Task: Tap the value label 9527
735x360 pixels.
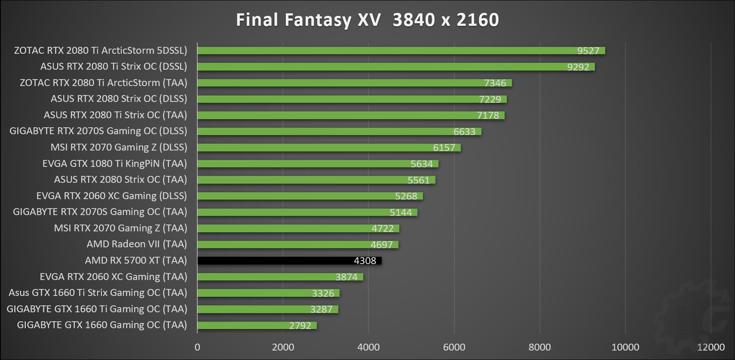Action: pyautogui.click(x=588, y=51)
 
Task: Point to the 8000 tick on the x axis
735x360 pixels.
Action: pyautogui.click(x=539, y=347)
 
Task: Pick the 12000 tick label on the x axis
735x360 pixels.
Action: pyautogui.click(x=710, y=347)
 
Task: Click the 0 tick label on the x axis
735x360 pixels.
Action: pyautogui.click(x=197, y=347)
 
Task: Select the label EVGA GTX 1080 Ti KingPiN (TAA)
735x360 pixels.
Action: pyautogui.click(x=115, y=163)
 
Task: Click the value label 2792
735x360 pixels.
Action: pyautogui.click(x=300, y=326)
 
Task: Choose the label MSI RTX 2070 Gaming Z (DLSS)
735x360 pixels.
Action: pyautogui.click(x=119, y=147)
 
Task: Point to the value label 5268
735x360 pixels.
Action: pyautogui.click(x=406, y=196)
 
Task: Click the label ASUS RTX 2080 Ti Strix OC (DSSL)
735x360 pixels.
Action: pyautogui.click(x=113, y=66)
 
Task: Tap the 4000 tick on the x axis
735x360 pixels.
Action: pyautogui.click(x=368, y=347)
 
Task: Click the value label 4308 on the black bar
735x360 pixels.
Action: pyautogui.click(x=365, y=261)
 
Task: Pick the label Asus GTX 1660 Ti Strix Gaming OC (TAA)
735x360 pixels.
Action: pyautogui.click(x=98, y=292)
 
